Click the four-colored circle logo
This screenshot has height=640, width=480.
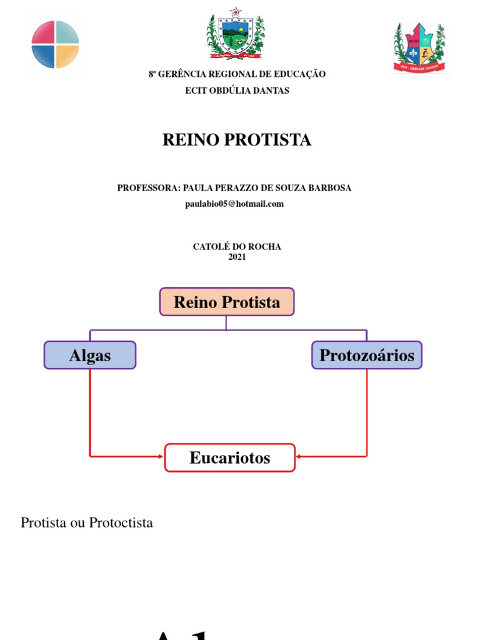(x=56, y=44)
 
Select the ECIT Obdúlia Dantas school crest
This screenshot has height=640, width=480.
(x=419, y=47)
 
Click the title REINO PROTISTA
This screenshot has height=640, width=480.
(x=237, y=140)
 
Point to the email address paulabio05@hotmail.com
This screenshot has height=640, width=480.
(x=234, y=204)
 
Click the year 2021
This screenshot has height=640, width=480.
(x=237, y=257)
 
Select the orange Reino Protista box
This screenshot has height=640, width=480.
(x=227, y=302)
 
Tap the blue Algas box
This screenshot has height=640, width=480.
(x=90, y=355)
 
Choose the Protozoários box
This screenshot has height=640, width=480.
(x=367, y=355)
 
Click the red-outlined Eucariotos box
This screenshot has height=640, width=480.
(x=230, y=457)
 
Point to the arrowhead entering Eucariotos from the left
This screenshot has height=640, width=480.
(x=161, y=457)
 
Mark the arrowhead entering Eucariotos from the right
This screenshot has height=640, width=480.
(x=299, y=457)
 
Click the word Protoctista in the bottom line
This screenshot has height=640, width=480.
(x=121, y=522)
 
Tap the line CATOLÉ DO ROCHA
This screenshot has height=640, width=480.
(x=237, y=247)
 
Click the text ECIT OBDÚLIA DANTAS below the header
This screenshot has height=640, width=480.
(x=237, y=91)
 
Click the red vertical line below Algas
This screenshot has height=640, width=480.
(x=91, y=412)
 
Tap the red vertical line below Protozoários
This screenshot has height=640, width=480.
(x=367, y=412)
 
